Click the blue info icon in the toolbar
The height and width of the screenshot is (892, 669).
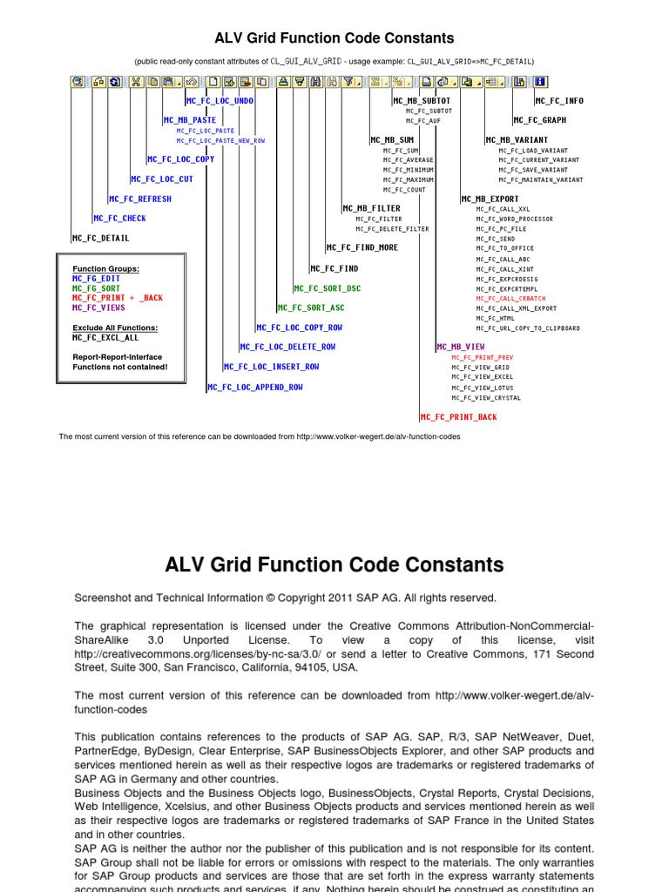point(540,82)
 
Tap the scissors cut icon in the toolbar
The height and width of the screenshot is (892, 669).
point(136,82)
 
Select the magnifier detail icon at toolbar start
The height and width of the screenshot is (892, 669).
point(78,82)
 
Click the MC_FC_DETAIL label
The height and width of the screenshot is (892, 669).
point(101,238)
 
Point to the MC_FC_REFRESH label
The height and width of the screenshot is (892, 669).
point(141,199)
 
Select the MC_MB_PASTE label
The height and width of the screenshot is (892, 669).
point(190,120)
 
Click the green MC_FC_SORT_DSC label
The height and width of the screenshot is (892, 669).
point(328,287)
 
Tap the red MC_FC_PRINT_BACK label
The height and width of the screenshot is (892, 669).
point(459,417)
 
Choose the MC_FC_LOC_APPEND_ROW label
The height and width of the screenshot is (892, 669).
point(256,387)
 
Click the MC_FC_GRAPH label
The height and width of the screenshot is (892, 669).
point(540,120)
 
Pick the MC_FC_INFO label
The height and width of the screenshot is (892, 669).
point(559,101)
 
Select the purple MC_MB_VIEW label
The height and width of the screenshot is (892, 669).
point(462,347)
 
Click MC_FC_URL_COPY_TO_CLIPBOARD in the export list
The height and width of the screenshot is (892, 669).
point(528,328)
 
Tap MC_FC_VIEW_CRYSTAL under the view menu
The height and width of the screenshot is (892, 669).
point(486,398)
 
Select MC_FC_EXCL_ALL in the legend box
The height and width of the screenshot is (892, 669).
point(105,337)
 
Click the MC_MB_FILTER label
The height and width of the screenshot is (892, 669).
point(372,208)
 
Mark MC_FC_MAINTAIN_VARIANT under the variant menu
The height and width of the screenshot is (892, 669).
point(541,179)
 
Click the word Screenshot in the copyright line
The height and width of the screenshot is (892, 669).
point(102,598)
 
